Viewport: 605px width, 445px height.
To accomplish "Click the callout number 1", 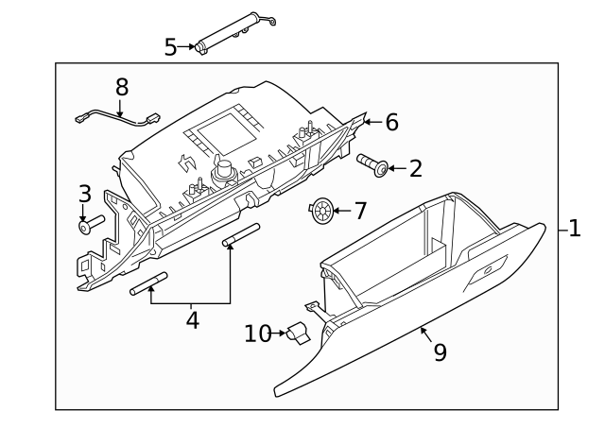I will point(576,230).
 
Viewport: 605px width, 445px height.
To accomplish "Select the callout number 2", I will point(415,169).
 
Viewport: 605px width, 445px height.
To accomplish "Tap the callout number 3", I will point(84,195).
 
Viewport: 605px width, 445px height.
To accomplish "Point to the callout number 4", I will point(192,320).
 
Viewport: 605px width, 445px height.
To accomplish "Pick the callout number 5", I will point(170,46).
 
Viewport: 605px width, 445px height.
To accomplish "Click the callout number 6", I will point(391,122).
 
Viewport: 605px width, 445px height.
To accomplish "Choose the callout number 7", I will point(359,209).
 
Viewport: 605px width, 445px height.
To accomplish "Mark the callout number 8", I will point(121,87).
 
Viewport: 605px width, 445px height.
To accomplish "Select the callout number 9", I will point(440,351).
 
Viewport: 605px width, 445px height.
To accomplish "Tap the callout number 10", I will point(258,334).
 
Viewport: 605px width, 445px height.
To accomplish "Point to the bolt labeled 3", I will point(92,224).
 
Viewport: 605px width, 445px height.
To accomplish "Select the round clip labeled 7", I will point(322,210).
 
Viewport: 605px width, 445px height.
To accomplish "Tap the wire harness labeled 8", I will point(117,120).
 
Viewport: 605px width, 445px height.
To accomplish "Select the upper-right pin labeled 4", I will point(240,236).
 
